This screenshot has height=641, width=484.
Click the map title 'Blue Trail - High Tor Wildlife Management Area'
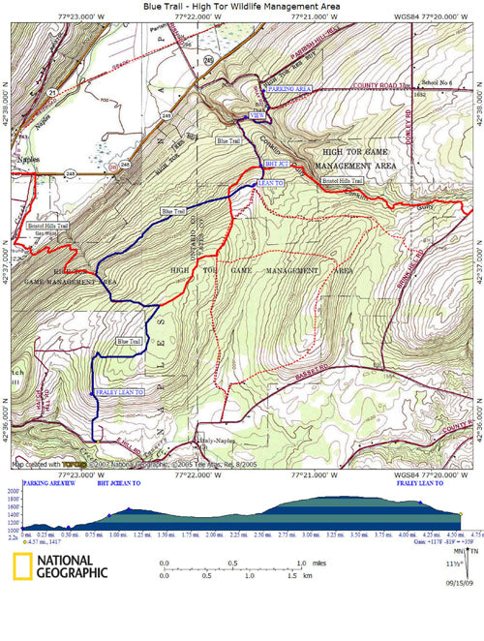click(x=242, y=6)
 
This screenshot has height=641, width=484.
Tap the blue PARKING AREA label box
click(x=287, y=88)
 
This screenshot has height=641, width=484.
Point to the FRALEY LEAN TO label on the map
click(x=120, y=392)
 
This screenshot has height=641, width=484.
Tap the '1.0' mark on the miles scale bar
click(x=301, y=563)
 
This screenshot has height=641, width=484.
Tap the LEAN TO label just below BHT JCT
click(x=270, y=181)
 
